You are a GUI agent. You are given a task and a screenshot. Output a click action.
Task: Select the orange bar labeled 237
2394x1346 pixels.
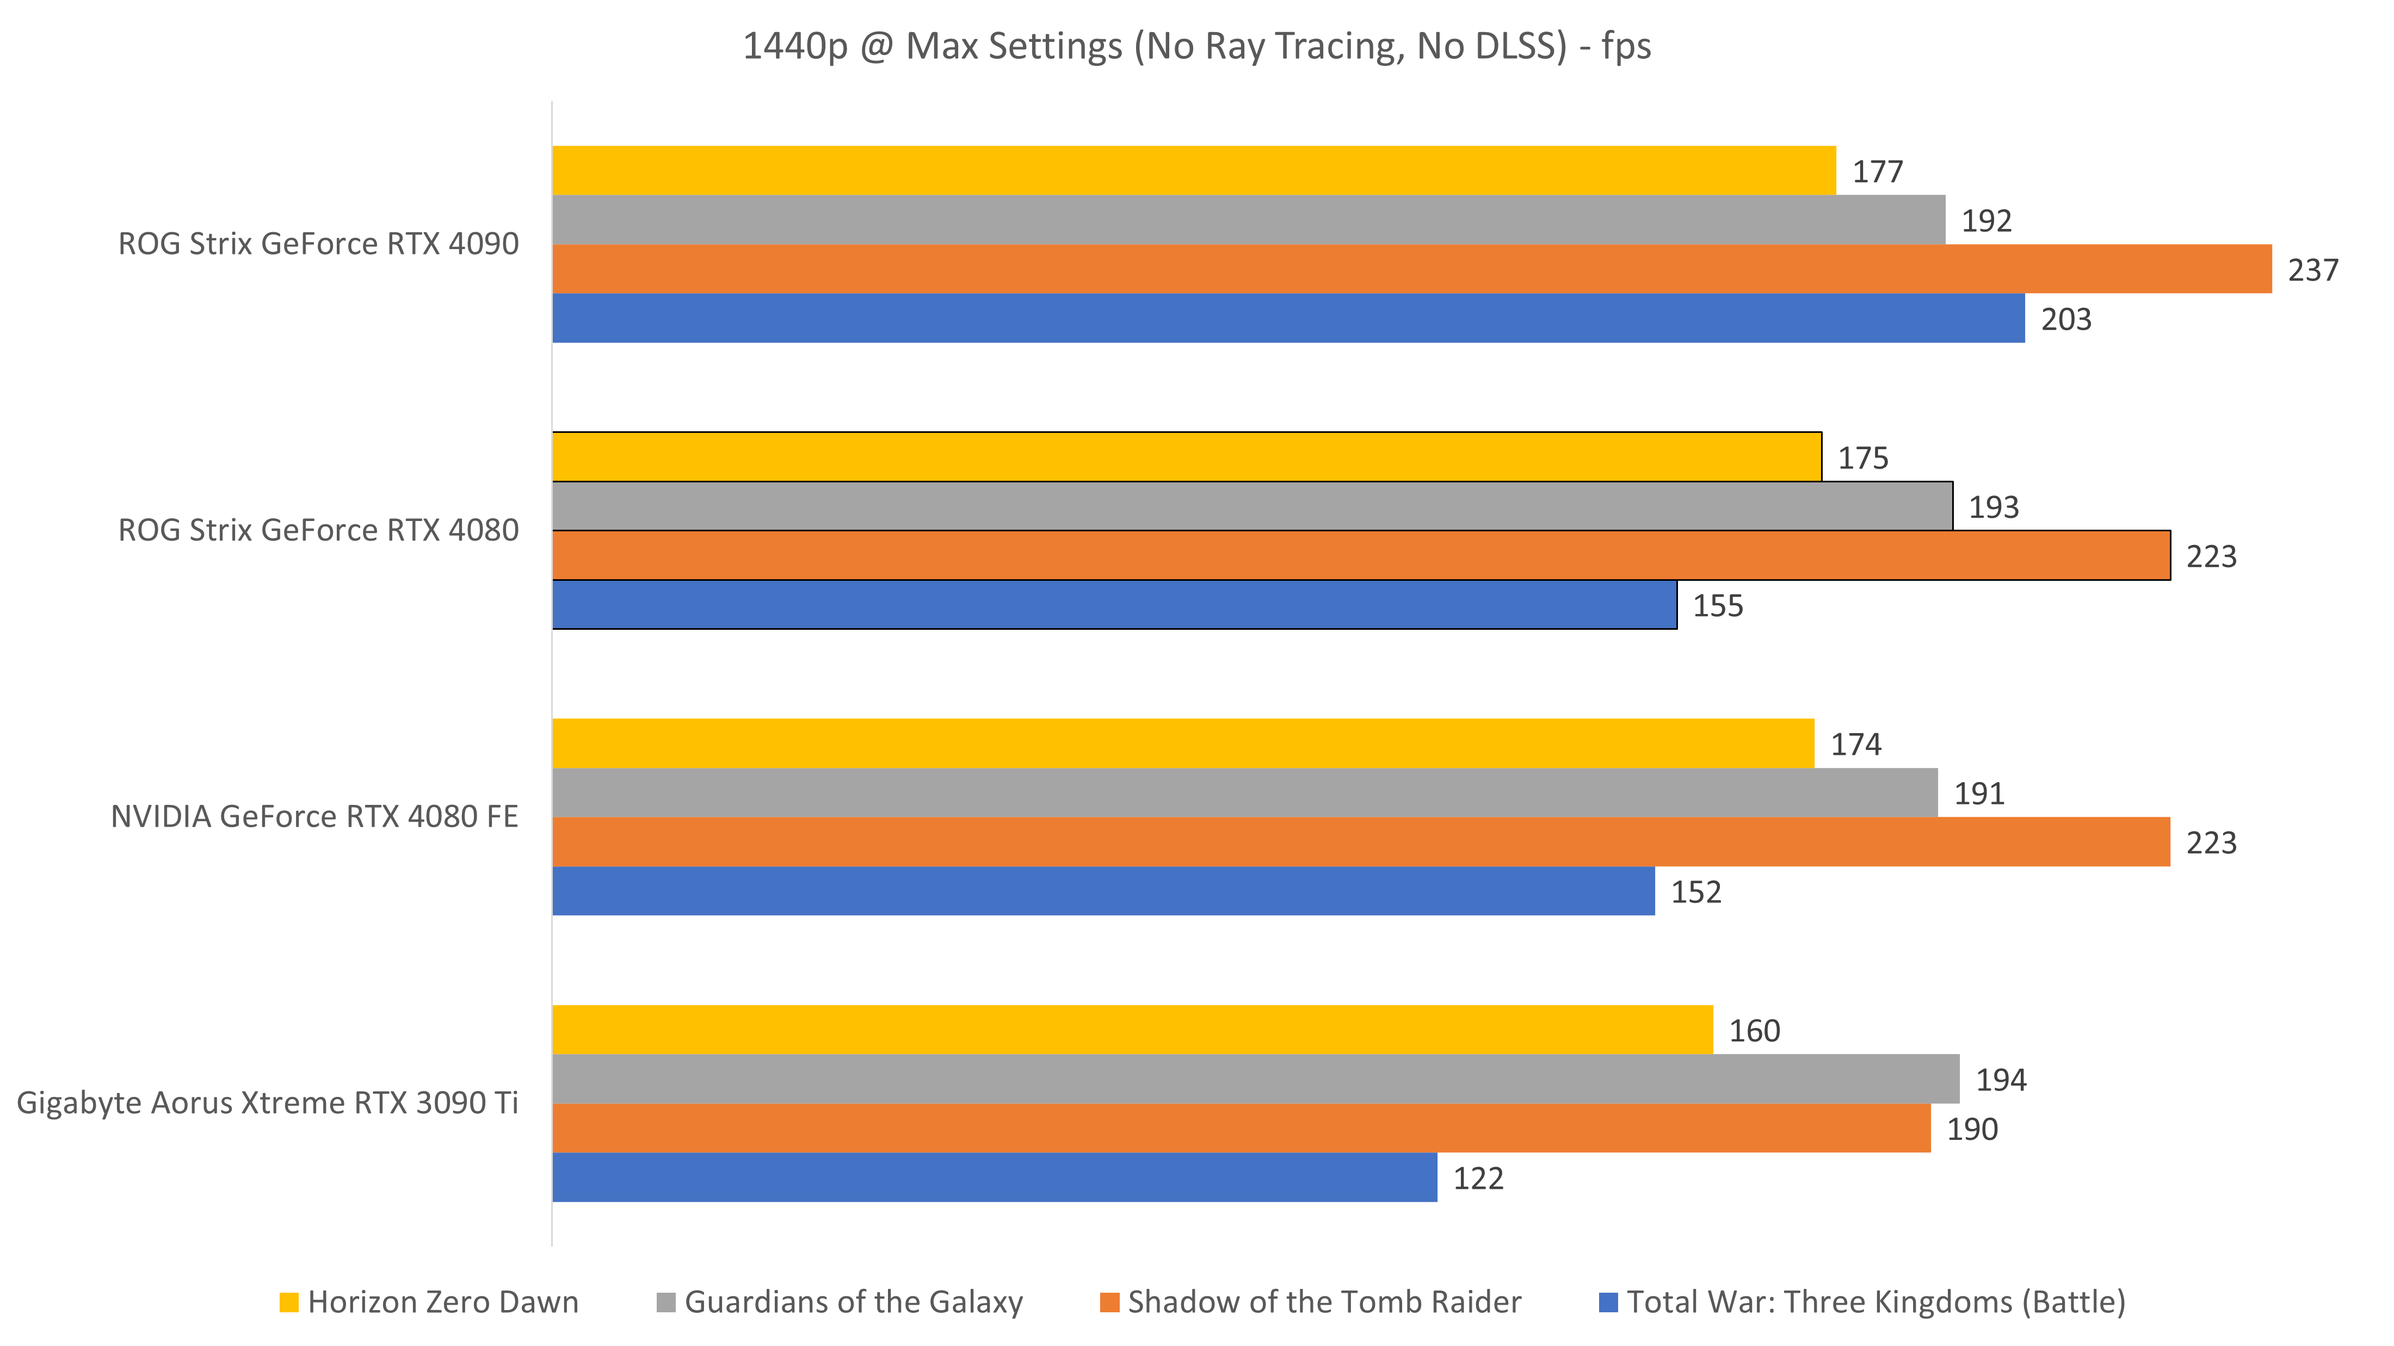click(1412, 269)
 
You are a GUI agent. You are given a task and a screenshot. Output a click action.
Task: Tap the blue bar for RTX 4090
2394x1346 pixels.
click(1288, 319)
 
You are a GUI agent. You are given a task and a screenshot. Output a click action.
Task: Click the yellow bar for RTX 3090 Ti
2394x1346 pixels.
click(1132, 1029)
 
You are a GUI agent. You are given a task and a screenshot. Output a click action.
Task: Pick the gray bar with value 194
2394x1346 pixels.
click(1256, 1078)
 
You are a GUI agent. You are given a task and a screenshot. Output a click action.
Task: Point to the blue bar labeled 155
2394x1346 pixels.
click(1113, 605)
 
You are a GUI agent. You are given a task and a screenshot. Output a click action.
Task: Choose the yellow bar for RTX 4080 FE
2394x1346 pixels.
click(1183, 743)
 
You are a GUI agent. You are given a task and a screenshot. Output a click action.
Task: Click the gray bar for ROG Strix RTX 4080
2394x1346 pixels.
click(1252, 506)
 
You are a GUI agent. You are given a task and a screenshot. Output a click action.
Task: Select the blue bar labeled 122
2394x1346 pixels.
click(995, 1178)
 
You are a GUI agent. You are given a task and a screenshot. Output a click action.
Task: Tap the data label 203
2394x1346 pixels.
click(2066, 320)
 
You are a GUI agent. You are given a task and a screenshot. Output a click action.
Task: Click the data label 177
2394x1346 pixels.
click(1877, 172)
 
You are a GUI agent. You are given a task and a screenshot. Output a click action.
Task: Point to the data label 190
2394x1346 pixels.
click(1972, 1130)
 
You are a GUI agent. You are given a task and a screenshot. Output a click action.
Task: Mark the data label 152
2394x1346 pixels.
click(1696, 892)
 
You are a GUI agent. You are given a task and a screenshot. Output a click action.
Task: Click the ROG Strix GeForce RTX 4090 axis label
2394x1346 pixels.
click(318, 244)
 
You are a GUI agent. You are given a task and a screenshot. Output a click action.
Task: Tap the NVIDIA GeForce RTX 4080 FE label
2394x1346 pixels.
click(314, 816)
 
